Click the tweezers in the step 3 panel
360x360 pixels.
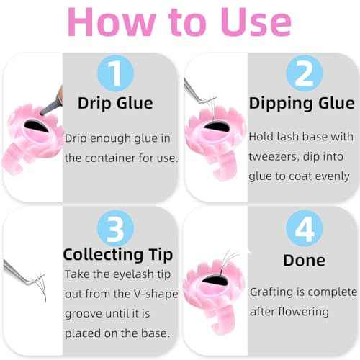22,271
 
